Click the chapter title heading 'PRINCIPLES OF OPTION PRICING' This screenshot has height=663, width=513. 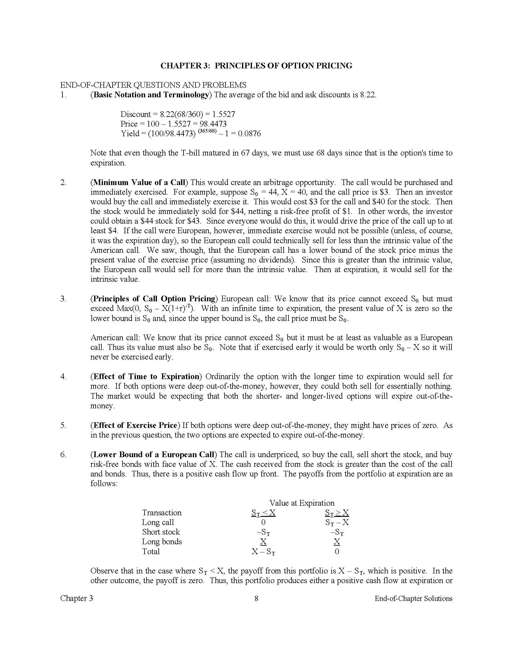point(283,66)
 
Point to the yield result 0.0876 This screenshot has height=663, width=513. point(250,134)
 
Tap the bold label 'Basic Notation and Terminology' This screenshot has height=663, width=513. point(151,95)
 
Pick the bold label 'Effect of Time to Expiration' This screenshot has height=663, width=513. point(146,376)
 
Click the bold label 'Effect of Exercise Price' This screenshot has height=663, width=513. point(135,425)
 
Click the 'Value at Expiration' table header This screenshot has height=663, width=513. point(302,503)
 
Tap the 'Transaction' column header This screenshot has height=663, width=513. point(162,513)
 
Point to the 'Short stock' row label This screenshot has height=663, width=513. point(161,532)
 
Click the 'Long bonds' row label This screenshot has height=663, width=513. point(162,542)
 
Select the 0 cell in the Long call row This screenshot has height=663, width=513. point(263,522)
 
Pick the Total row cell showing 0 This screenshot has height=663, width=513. point(337,551)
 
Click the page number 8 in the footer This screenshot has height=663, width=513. point(256,598)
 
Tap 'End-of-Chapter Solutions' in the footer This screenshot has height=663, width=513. point(413,598)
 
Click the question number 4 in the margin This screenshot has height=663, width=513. point(63,376)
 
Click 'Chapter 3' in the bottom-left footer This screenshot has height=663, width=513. point(77,598)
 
